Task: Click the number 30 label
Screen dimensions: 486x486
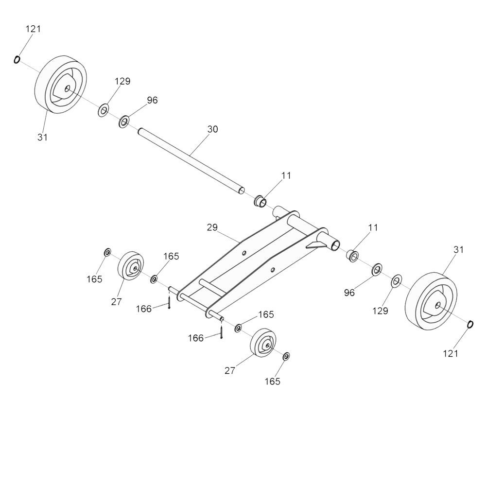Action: pos(213,129)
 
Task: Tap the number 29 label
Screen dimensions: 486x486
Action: pos(212,227)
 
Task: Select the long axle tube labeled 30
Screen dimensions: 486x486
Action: pos(191,161)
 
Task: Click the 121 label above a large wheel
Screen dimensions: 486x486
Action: pos(33,29)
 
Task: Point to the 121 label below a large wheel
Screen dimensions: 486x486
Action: pos(451,353)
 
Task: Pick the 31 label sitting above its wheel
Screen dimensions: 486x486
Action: pos(458,249)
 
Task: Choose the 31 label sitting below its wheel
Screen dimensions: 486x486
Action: pos(42,137)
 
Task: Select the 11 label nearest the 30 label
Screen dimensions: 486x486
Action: pos(286,175)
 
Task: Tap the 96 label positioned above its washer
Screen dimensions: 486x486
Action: pos(152,100)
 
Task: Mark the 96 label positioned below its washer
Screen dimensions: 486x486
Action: pos(349,293)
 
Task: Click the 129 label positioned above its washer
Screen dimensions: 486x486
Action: pos(122,81)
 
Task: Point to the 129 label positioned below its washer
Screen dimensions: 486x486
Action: pos(381,311)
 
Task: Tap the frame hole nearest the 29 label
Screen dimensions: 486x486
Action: pos(244,253)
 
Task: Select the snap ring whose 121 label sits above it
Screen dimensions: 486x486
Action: pos(17,59)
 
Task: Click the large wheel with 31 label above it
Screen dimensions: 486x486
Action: pos(431,301)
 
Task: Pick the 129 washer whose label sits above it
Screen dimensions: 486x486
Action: pos(103,111)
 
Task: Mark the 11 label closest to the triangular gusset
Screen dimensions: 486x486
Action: pos(373,227)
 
